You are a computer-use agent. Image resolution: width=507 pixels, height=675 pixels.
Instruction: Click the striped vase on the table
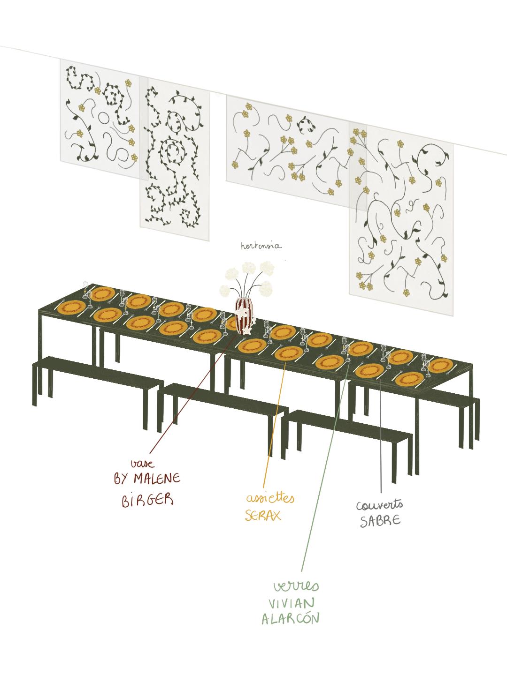click(x=244, y=315)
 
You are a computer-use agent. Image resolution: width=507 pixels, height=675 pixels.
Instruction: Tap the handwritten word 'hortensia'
click(x=261, y=246)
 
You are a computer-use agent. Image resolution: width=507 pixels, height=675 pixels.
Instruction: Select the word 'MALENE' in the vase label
click(x=157, y=479)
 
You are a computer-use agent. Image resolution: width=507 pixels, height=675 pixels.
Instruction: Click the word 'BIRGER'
click(x=147, y=500)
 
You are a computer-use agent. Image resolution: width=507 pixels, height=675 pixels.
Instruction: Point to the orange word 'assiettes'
click(x=270, y=498)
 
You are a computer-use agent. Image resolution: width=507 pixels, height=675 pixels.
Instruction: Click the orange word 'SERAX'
click(x=262, y=516)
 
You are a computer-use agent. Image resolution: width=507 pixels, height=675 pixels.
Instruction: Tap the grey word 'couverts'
click(x=379, y=505)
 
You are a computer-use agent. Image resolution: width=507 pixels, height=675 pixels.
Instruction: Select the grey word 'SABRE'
click(x=380, y=521)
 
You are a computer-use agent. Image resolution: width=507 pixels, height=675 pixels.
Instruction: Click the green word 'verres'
click(x=296, y=586)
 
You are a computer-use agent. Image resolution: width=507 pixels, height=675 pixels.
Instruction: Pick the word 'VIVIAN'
click(x=292, y=603)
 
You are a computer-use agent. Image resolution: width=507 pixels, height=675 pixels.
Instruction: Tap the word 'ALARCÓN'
click(x=291, y=619)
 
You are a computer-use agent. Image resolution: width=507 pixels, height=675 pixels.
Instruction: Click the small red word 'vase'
click(x=142, y=464)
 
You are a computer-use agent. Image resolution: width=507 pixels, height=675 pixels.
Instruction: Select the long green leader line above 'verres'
click(x=324, y=469)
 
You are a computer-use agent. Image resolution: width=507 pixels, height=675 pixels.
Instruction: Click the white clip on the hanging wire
click(x=218, y=93)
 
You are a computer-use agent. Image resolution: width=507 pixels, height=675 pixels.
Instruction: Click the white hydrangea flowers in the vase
click(x=249, y=277)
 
